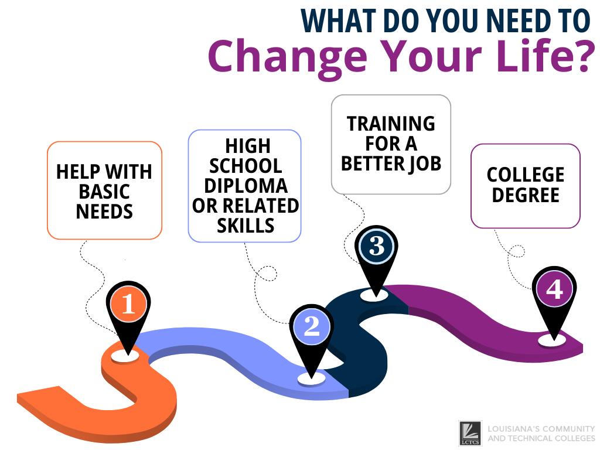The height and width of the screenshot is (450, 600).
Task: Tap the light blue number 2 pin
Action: pos(312,327)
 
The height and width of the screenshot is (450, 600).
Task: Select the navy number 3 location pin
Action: pos(376,247)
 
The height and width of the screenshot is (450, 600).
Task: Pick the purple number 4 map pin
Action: pos(554,290)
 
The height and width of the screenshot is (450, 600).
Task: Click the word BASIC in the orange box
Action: pos(104,192)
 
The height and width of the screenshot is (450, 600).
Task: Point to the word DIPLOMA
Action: pos(246,186)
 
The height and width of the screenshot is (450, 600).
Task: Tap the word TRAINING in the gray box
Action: pos(391,124)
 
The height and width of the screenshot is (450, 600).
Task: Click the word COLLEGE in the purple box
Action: pos(526,175)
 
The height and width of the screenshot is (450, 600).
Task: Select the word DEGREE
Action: pos(526,195)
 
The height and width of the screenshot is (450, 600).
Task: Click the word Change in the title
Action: pos(289,56)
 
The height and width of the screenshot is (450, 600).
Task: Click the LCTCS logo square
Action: pos(470,433)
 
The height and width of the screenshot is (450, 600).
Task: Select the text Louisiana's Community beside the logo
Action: pos(541,428)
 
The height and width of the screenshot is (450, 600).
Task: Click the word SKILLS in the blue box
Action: pos(246,226)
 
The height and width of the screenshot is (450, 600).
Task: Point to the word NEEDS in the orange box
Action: pos(104,212)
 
